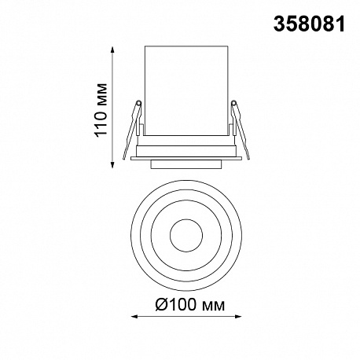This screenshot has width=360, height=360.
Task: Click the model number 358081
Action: [309, 24]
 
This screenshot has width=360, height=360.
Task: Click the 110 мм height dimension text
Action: [101, 110]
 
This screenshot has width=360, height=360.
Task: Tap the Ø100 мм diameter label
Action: [190, 305]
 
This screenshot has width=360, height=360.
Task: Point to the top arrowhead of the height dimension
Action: [112, 50]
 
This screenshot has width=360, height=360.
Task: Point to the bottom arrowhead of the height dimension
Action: [112, 164]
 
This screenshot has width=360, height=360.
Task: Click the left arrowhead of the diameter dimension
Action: [134, 317]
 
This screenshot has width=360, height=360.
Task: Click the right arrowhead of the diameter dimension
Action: [238, 317]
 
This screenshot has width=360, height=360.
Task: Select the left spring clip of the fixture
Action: [133, 130]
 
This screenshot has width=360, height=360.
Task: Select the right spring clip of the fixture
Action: [240, 130]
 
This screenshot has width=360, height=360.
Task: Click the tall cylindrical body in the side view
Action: [186, 91]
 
